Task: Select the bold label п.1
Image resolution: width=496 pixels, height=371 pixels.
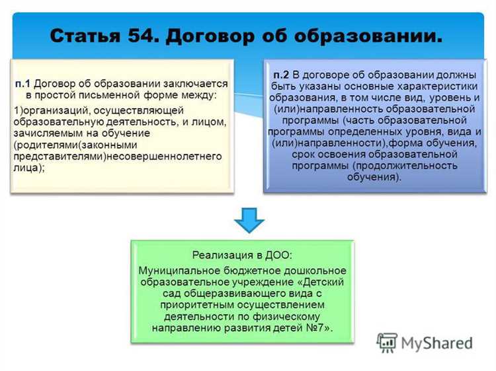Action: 24,84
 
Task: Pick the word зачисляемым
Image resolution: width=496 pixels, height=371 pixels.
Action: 44,132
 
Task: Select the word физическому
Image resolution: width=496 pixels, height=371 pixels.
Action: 278,316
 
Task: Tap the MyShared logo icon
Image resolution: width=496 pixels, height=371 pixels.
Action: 387,343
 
